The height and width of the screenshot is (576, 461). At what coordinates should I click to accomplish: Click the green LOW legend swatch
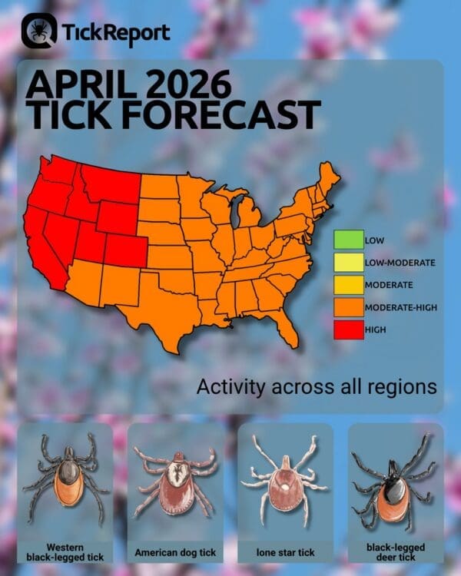(x=348, y=240)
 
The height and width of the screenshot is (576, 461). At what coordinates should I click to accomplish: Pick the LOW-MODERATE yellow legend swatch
(x=348, y=263)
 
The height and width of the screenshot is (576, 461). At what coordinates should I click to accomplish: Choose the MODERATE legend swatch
(x=348, y=285)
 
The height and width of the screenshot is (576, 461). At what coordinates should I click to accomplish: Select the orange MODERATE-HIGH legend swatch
(x=348, y=307)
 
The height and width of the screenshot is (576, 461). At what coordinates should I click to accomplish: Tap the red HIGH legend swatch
(x=348, y=329)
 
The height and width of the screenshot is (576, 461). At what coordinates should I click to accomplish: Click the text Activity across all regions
(x=317, y=386)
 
